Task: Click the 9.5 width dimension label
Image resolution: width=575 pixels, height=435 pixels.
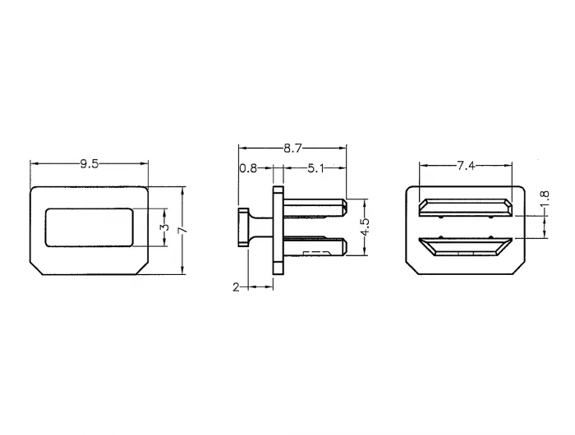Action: [89, 164]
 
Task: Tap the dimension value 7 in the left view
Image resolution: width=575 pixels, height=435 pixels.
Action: [182, 230]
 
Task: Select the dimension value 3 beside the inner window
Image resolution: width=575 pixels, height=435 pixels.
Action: [165, 227]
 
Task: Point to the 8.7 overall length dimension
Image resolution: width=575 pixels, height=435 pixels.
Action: [292, 148]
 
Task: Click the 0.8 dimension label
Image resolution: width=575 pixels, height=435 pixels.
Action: [248, 168]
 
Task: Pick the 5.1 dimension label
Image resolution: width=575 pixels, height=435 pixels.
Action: [315, 168]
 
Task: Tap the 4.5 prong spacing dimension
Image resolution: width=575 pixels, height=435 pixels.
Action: [365, 227]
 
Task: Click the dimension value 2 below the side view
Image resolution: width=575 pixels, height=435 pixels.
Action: [237, 287]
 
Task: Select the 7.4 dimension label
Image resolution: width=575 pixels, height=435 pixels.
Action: [466, 166]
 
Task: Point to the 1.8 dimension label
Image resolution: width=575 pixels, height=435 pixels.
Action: [545, 199]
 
